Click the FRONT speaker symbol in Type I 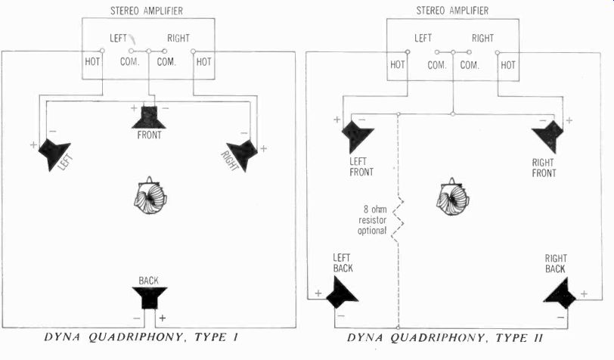tap(150, 117)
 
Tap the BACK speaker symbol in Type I tap(148, 296)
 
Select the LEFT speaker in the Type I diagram tap(54, 154)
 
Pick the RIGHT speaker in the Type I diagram tap(242, 154)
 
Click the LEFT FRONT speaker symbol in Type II tap(356, 135)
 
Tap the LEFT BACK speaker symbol tap(342, 291)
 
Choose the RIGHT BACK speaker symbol tap(561, 292)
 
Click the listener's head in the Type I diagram tap(150, 197)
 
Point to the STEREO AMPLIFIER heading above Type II tap(451, 10)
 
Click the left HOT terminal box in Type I tap(93, 62)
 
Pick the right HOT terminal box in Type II tap(508, 65)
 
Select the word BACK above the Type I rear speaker tap(148, 279)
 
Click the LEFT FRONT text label tap(356, 167)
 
